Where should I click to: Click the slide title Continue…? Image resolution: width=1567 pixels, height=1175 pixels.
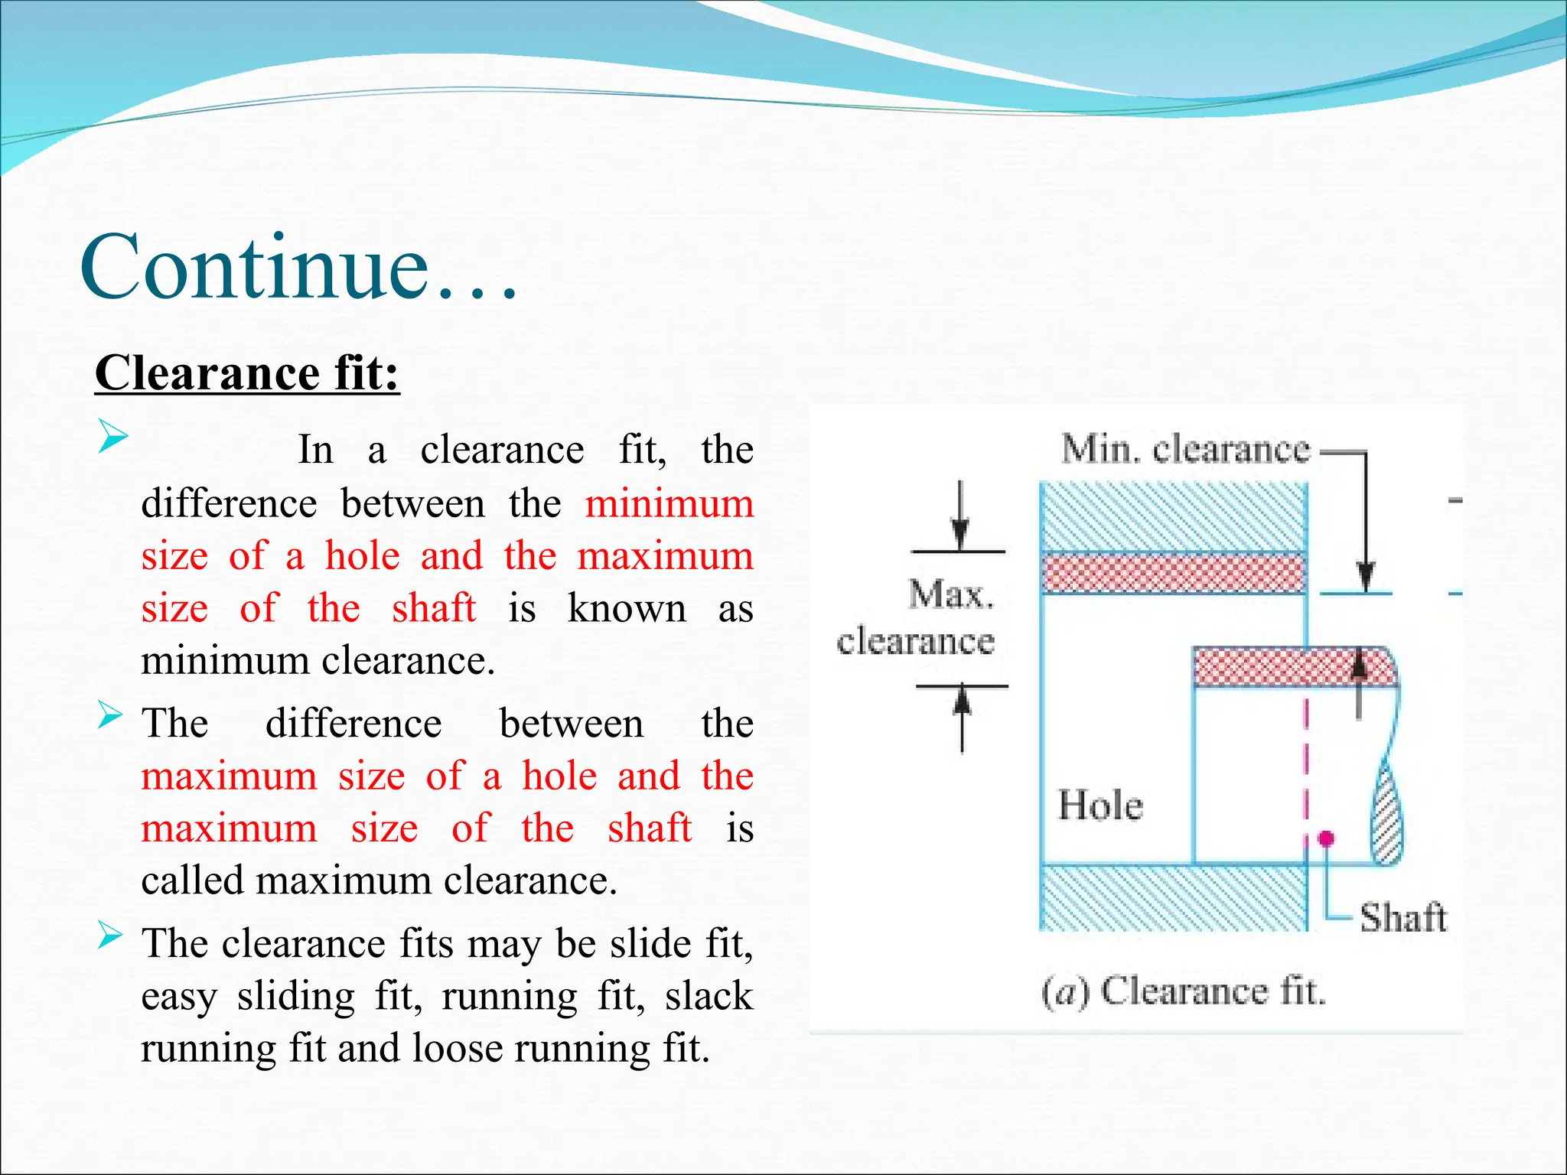298,268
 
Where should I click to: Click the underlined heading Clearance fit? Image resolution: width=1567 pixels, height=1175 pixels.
247,373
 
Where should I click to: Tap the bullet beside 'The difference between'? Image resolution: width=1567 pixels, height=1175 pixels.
110,716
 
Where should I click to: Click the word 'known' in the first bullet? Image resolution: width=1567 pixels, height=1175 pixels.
627,609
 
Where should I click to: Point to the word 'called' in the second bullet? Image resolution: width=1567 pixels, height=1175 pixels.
194,880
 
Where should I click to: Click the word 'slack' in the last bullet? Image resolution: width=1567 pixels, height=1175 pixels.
709,996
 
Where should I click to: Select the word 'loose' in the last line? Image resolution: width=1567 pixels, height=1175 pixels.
457,1048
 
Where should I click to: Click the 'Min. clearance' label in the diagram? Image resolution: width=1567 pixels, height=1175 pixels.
1185,448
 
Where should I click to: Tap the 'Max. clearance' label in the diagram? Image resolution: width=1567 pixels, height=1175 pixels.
917,618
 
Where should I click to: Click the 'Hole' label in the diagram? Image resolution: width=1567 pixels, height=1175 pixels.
1100,806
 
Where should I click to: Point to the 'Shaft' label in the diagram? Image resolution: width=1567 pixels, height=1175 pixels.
1402,917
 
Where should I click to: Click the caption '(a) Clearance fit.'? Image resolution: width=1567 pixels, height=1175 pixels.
1183,991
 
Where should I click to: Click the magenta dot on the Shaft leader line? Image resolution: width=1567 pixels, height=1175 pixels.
1326,838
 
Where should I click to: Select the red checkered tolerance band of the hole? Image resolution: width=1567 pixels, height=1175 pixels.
1173,573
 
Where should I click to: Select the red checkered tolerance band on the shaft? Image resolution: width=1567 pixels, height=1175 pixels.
1293,667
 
